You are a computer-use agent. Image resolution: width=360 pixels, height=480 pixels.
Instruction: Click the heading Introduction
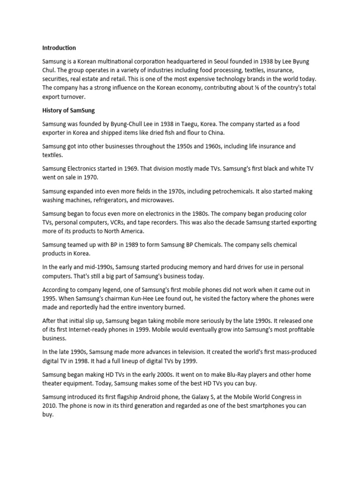(59, 48)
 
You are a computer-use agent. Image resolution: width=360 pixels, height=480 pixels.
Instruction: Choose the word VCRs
(120, 222)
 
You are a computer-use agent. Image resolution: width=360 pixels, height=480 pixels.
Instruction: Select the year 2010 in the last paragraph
(49, 406)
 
